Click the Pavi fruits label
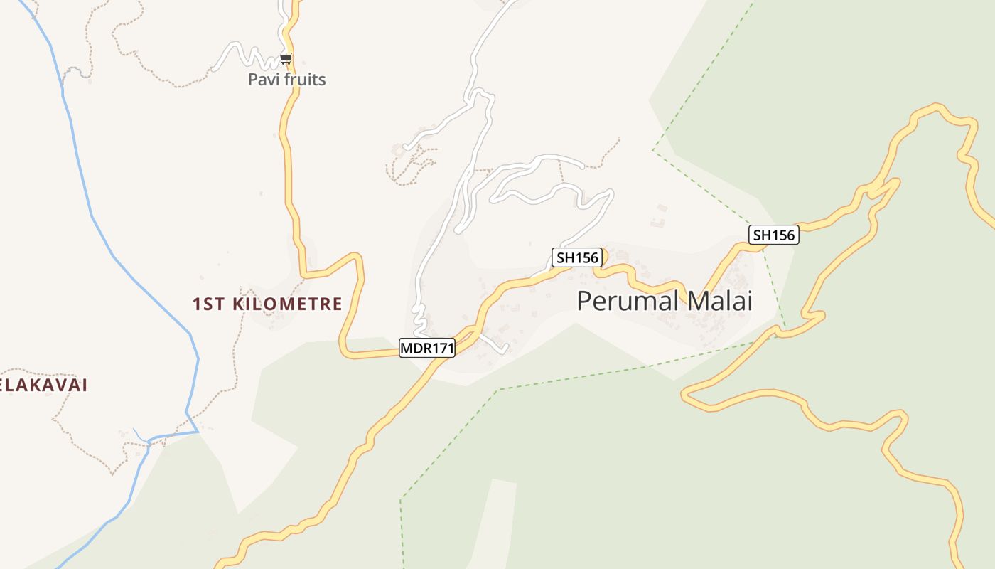[x=286, y=79]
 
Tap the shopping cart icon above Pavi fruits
[x=286, y=58]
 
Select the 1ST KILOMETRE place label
[x=267, y=304]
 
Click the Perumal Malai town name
[x=664, y=301]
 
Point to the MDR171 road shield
[x=426, y=348]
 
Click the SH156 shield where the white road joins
[x=577, y=257]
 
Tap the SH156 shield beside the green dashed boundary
[x=773, y=235]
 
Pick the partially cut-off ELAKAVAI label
[x=43, y=385]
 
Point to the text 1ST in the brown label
[x=208, y=304]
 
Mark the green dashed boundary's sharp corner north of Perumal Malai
[x=653, y=150]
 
